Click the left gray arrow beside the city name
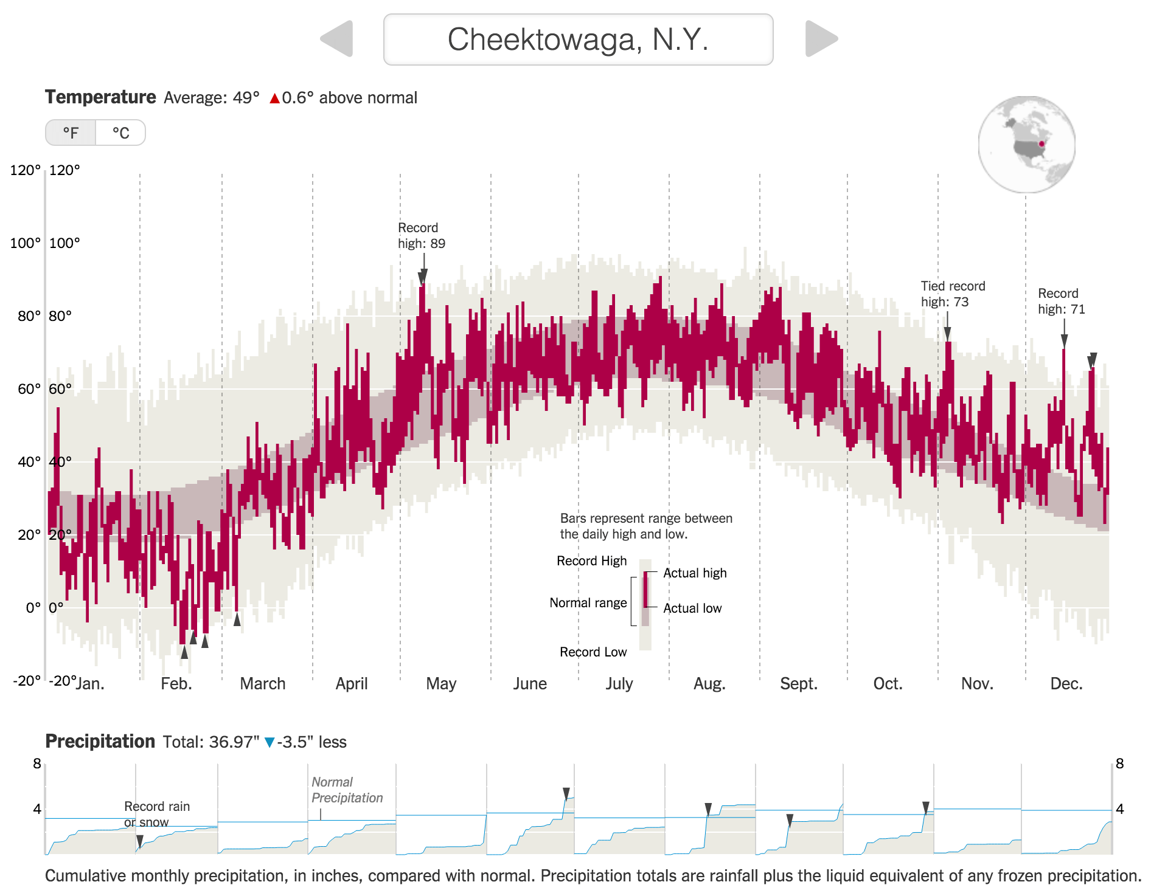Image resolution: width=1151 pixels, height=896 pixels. pyautogui.click(x=338, y=39)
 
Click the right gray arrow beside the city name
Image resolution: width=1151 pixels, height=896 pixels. pyautogui.click(x=820, y=39)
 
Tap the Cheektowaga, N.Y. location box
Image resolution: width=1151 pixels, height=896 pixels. pyautogui.click(x=578, y=40)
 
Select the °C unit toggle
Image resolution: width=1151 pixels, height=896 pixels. pyautogui.click(x=120, y=133)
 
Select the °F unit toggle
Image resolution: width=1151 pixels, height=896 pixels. pyautogui.click(x=71, y=133)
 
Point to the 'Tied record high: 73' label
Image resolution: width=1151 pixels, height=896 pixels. pyautogui.click(x=953, y=294)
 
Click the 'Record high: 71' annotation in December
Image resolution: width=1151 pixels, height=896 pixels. pyautogui.click(x=1061, y=302)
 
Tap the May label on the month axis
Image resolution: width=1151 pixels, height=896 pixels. pyautogui.click(x=441, y=684)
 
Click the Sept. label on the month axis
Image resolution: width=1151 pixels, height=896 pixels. pyautogui.click(x=798, y=684)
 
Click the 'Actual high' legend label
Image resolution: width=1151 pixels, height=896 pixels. pyautogui.click(x=695, y=573)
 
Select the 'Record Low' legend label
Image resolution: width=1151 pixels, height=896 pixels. pyautogui.click(x=593, y=652)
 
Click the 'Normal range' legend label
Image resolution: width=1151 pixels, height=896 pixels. pyautogui.click(x=588, y=603)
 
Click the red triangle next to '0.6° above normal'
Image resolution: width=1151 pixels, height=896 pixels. pyautogui.click(x=274, y=98)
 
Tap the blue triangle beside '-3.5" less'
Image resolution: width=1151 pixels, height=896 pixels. pyautogui.click(x=269, y=742)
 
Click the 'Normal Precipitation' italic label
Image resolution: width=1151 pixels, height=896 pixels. pyautogui.click(x=347, y=790)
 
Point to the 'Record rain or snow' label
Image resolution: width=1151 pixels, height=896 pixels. pyautogui.click(x=156, y=815)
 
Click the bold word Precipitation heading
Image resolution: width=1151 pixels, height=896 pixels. pyautogui.click(x=100, y=742)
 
